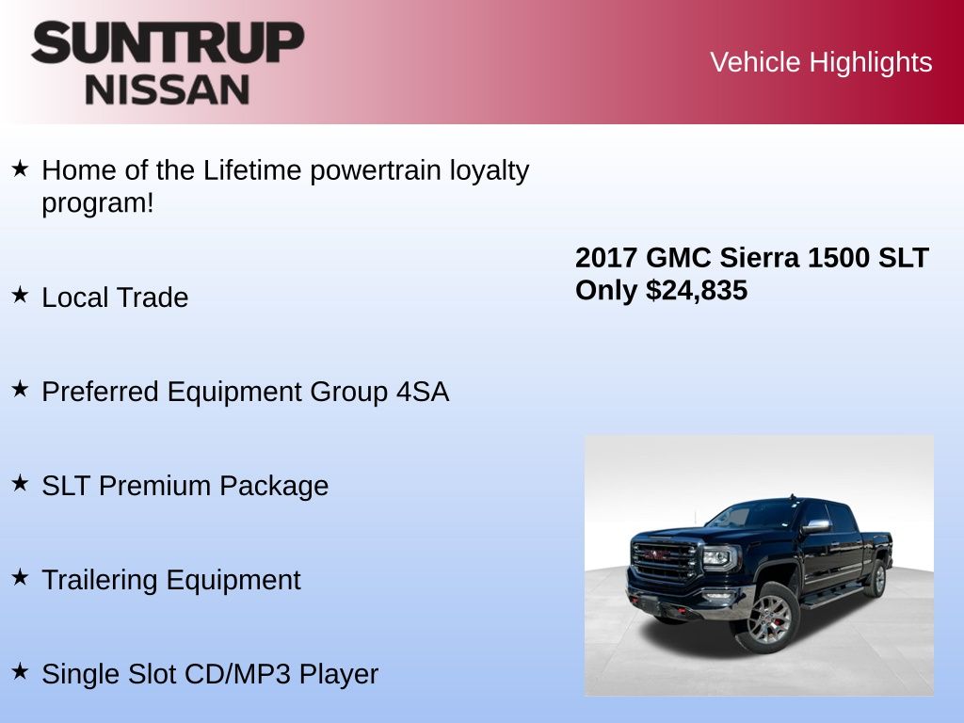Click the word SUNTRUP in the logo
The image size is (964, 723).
168,42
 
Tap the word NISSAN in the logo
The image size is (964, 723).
168,89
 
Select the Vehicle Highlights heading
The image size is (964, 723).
821,63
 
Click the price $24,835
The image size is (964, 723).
697,290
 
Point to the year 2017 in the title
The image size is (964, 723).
605,258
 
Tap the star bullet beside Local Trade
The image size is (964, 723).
21,295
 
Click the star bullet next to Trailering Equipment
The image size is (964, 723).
21,577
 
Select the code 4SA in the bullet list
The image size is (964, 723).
423,392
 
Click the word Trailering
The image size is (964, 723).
100,580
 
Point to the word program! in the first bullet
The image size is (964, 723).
98,204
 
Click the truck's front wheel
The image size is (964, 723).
770,617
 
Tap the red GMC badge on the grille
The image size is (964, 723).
656,555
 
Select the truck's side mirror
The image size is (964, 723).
815,526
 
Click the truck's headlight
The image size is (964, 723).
717,557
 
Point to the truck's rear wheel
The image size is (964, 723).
877,579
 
